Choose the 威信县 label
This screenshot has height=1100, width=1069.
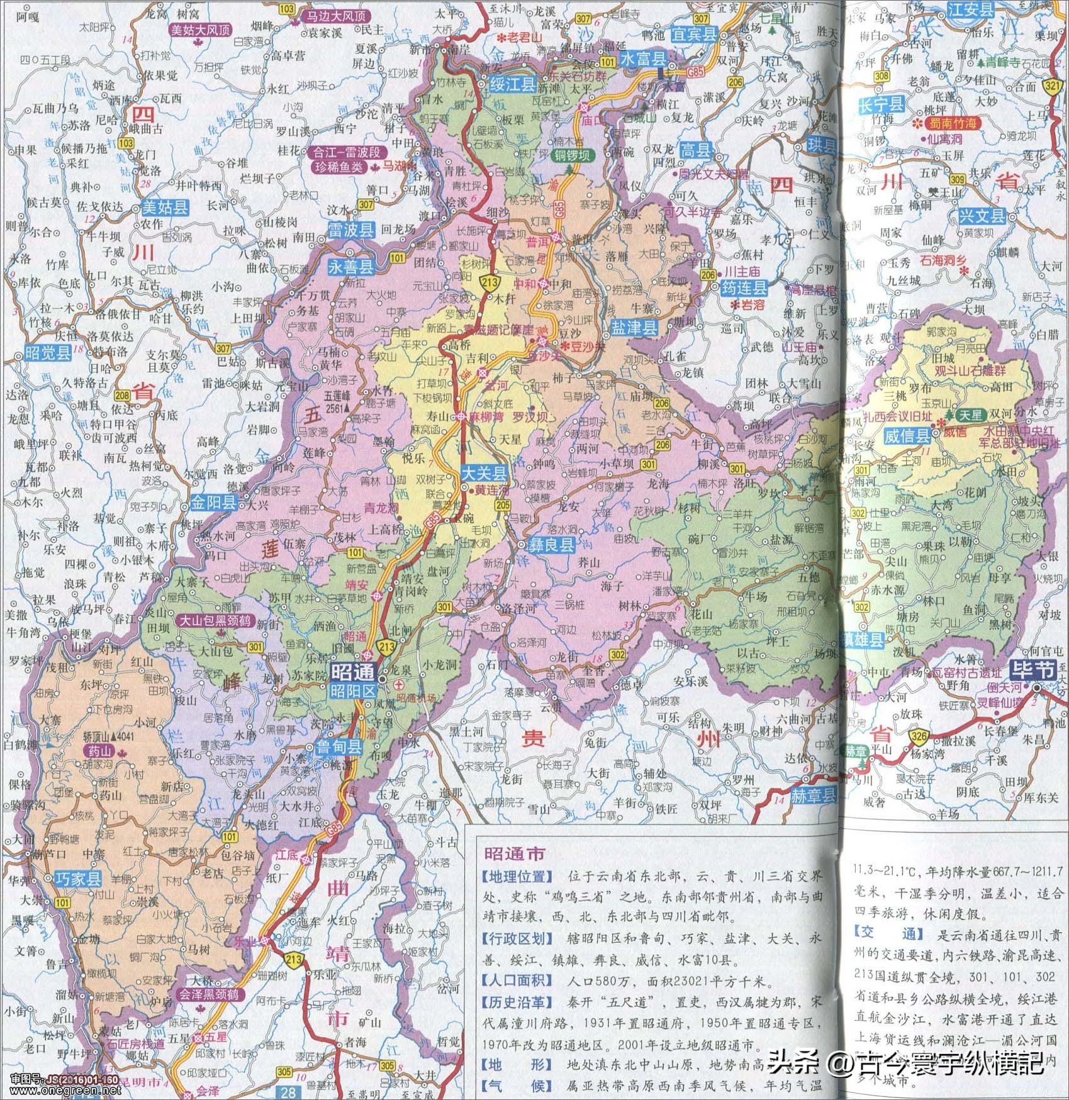(x=907, y=435)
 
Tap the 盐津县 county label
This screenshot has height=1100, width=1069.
(x=634, y=326)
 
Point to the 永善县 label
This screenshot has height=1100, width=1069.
(x=350, y=267)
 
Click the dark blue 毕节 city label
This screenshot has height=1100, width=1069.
(x=1031, y=670)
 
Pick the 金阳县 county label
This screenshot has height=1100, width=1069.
(x=213, y=503)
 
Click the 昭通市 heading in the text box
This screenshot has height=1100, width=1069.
(x=514, y=854)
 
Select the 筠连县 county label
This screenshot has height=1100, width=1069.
(x=744, y=289)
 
